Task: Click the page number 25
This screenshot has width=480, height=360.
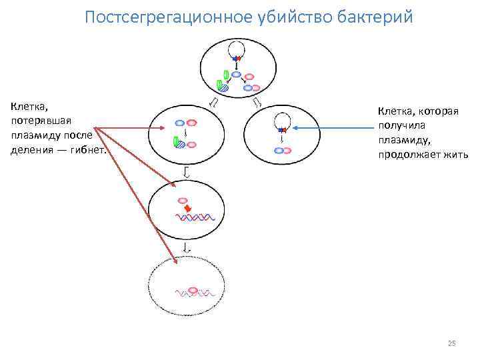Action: pyautogui.click(x=451, y=343)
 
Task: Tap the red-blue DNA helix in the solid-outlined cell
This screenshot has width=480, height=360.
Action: pyautogui.click(x=195, y=218)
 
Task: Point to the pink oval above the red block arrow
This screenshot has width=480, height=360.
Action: pyautogui.click(x=183, y=199)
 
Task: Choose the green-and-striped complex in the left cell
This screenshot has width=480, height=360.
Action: pyautogui.click(x=177, y=142)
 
